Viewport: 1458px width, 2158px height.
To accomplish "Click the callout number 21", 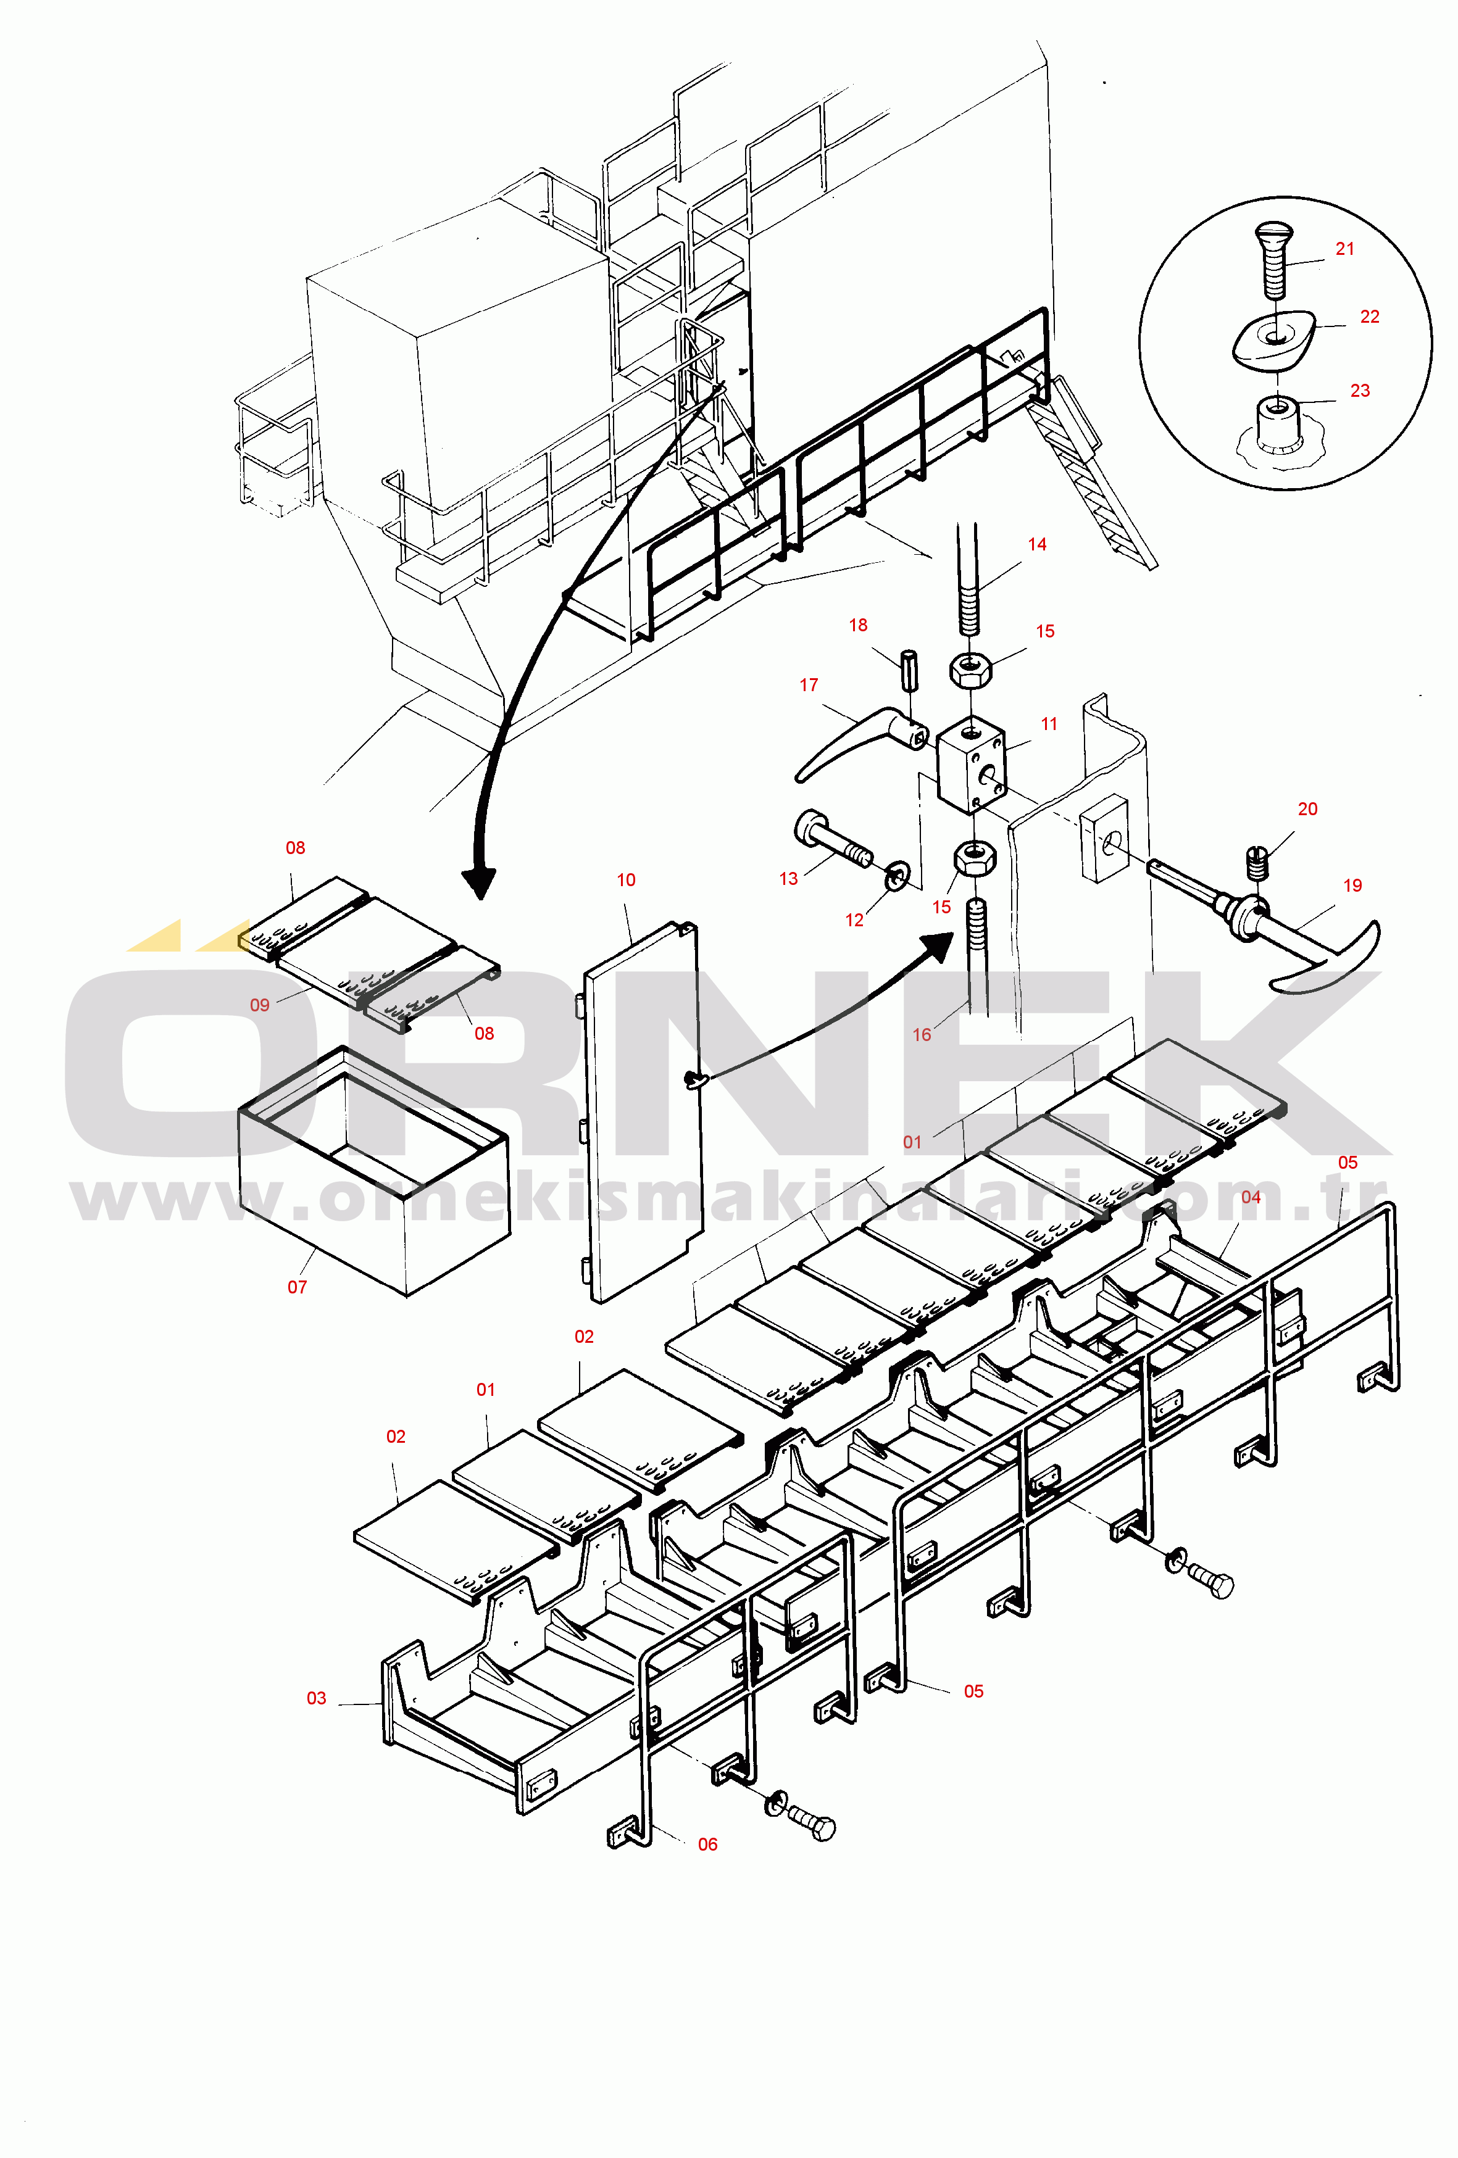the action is point(1344,249).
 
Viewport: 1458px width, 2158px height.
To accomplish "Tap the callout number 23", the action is point(1360,391).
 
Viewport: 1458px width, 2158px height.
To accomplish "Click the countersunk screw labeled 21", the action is point(1274,259).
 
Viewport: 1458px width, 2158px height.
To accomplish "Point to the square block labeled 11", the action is point(970,764).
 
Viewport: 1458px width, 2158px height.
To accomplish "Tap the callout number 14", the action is point(1037,544).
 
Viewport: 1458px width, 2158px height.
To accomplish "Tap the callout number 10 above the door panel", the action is point(626,879).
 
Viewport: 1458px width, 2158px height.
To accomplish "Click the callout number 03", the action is point(317,1698).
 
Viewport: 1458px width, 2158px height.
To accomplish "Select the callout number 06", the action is point(707,1844).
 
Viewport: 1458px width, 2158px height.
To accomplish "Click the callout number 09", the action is point(260,1005).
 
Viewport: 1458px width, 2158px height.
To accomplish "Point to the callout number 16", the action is point(921,1034).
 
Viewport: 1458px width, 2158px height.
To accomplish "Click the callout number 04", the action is point(1251,1197).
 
